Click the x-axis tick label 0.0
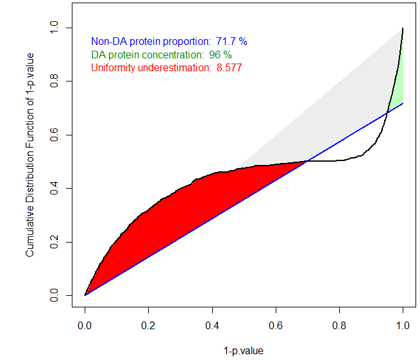85,325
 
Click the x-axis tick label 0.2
148,325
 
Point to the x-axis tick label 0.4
212,325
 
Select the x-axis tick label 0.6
276,325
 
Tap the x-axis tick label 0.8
339,325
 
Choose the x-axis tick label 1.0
403,325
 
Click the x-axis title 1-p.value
244,351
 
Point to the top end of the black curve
403,29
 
